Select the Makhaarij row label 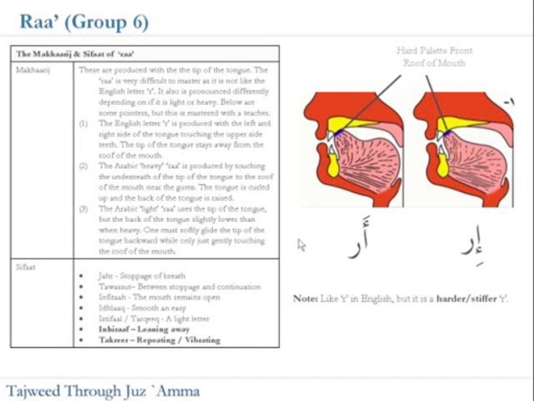[27, 71]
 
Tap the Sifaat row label [26, 267]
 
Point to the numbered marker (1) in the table [83, 124]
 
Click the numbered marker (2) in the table [83, 166]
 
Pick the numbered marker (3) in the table [83, 209]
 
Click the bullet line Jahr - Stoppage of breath [142, 276]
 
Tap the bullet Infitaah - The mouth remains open [159, 297]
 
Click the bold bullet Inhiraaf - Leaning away [144, 329]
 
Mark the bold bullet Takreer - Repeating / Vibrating [159, 340]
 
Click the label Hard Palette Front [434, 51]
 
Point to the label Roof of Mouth [434, 63]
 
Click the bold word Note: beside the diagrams [305, 299]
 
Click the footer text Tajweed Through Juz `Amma [103, 390]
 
